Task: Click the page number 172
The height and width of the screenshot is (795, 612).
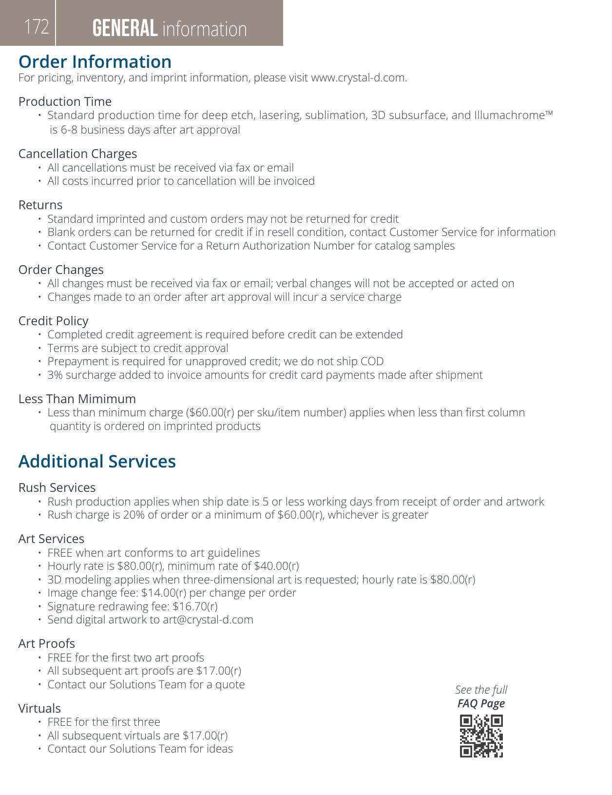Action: point(37,27)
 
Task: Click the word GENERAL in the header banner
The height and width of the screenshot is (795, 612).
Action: point(125,29)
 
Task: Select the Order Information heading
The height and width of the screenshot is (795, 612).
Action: point(95,62)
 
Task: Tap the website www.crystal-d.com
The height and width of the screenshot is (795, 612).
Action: point(358,78)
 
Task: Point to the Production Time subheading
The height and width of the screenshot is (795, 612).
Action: point(65,101)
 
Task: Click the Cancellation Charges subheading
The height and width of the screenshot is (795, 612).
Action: point(77,154)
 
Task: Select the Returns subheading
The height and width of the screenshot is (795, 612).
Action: point(40,205)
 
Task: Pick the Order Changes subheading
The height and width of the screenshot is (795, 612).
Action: point(61,270)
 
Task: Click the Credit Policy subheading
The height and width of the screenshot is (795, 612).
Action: point(54,321)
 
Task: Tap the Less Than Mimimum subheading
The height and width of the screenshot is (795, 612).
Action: point(77,399)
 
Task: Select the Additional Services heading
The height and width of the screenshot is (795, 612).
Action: point(97,461)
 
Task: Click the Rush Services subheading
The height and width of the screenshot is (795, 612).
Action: point(57,487)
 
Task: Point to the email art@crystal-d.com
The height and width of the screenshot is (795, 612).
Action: point(208,620)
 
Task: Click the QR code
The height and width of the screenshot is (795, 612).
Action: point(481,736)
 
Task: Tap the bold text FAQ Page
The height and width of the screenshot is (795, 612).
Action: point(481,703)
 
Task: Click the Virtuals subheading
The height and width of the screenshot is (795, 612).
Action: point(39,708)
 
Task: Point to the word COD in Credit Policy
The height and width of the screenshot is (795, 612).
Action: point(372,361)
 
